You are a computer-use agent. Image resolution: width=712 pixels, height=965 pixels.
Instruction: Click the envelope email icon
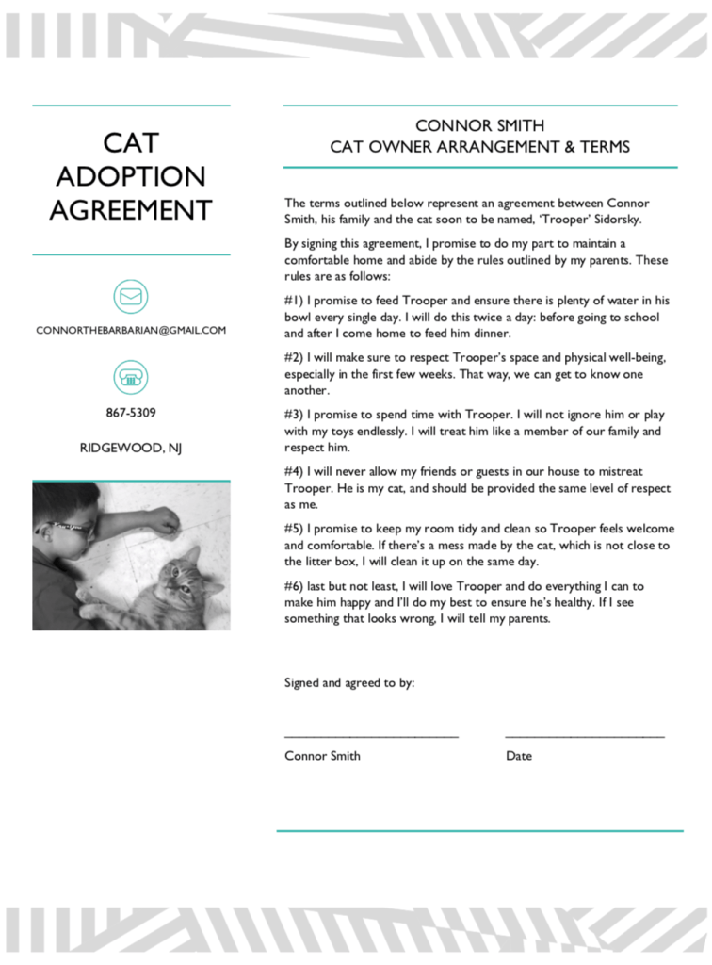coord(131,296)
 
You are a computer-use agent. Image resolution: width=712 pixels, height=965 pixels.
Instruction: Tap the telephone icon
coord(131,378)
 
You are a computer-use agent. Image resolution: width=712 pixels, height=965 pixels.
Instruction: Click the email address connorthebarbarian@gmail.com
coord(131,331)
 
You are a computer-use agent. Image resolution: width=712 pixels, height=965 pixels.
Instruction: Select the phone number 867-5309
coord(131,413)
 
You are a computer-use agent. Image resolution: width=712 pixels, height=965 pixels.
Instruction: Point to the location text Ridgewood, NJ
coord(131,448)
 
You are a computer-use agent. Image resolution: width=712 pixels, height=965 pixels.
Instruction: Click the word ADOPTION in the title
coord(131,176)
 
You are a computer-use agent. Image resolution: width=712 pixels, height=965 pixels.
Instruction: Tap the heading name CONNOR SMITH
coord(479,125)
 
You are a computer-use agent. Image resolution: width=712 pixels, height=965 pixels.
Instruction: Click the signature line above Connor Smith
coord(371,735)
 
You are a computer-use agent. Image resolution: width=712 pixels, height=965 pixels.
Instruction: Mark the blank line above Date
coord(584,735)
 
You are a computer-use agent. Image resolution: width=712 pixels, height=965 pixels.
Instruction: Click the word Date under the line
coord(519,756)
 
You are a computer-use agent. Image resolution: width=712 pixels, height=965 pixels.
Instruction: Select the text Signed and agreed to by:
coord(348,683)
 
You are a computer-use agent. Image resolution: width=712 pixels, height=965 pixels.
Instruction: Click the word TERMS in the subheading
coord(603,147)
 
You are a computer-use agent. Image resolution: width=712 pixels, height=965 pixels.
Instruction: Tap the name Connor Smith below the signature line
coord(322,756)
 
